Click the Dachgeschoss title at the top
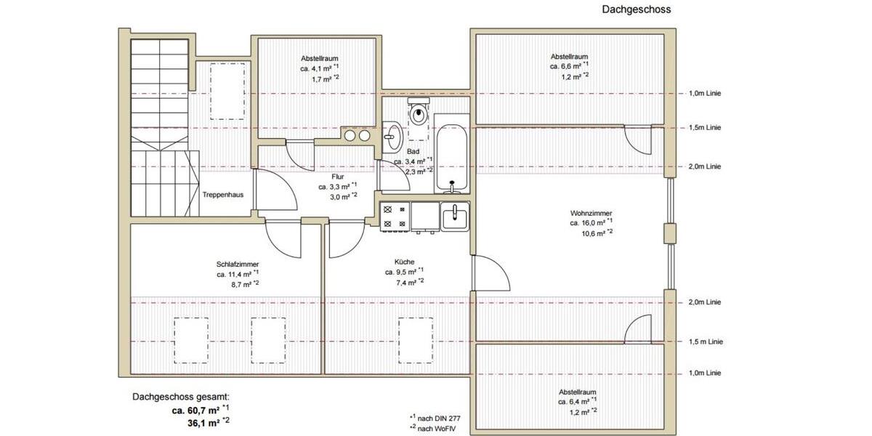pyautogui.click(x=636, y=9)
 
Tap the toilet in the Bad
pyautogui.click(x=418, y=113)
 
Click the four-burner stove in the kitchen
pyautogui.click(x=393, y=217)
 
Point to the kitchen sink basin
pyautogui.click(x=455, y=216)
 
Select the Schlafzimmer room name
pyautogui.click(x=237, y=265)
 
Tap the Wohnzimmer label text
pyautogui.click(x=591, y=213)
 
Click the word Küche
pyautogui.click(x=405, y=262)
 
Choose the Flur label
pyautogui.click(x=337, y=177)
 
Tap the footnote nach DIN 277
pyautogui.click(x=438, y=417)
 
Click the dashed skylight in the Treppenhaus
pyautogui.click(x=227, y=91)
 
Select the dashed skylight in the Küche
pyautogui.click(x=416, y=339)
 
